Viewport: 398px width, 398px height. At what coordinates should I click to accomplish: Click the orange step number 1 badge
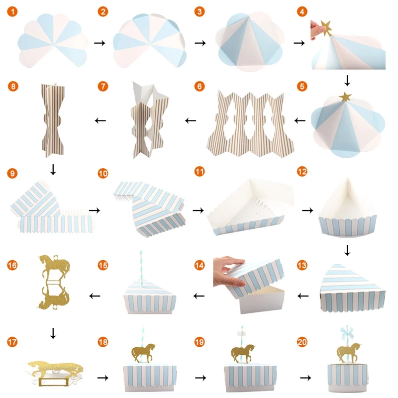[x=12, y=11]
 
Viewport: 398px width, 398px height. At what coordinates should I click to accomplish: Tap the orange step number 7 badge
[x=103, y=86]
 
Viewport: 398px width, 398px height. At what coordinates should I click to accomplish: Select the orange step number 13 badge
[x=302, y=266]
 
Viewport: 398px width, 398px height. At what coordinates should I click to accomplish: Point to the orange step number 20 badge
[x=302, y=342]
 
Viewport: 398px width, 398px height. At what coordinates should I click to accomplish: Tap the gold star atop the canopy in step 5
[x=345, y=97]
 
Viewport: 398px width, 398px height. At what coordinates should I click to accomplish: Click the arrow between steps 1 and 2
[x=99, y=43]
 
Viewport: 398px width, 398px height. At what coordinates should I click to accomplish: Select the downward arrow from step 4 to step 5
[x=347, y=81]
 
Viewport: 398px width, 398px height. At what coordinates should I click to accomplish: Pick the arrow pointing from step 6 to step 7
[x=191, y=120]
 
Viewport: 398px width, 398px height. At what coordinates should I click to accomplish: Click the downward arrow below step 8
[x=53, y=170]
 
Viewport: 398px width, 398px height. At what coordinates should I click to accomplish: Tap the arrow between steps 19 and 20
[x=305, y=378]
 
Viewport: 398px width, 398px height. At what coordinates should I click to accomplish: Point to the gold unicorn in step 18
[x=144, y=353]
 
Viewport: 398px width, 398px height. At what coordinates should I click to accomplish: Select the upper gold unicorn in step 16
[x=54, y=266]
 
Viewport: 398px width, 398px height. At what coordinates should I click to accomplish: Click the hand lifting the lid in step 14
[x=228, y=272]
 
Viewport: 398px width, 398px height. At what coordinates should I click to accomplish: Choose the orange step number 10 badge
[x=103, y=174]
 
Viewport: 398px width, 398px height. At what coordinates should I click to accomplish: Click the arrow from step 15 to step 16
[x=95, y=296]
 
